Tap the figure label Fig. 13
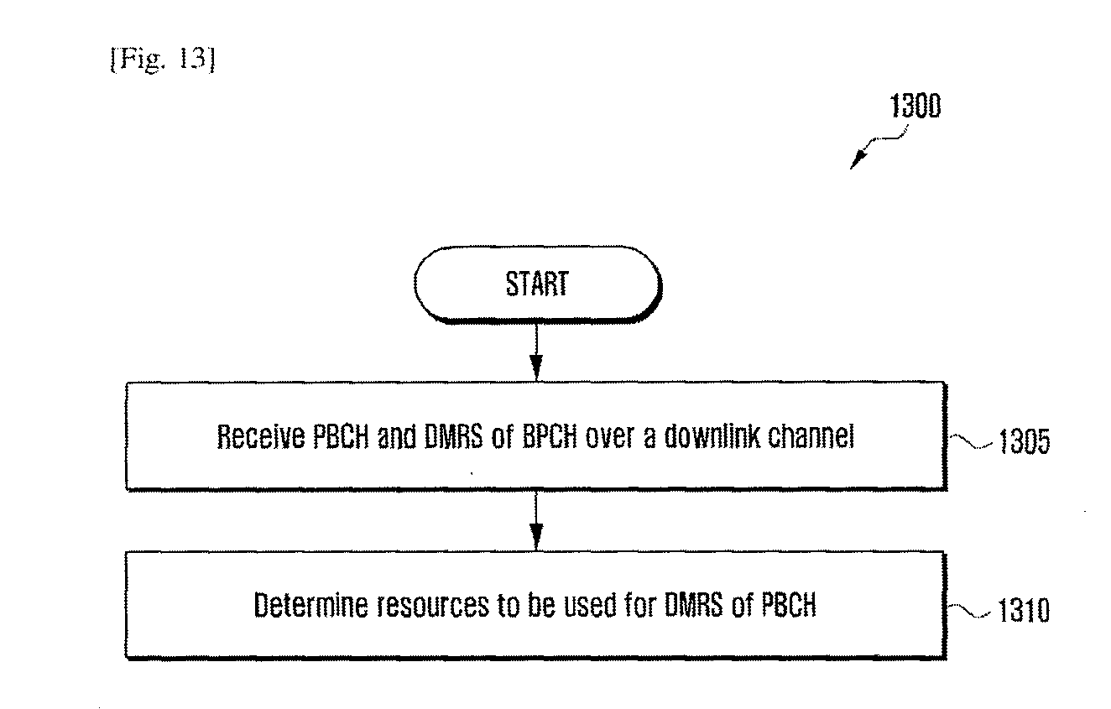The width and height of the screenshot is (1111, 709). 163,60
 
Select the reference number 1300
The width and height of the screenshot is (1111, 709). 915,106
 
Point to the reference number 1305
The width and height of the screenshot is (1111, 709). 1024,441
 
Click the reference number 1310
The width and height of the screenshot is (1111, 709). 1023,610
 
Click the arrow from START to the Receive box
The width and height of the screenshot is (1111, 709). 536,352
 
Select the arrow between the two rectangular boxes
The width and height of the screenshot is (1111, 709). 536,520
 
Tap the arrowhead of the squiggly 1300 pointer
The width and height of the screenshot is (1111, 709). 858,160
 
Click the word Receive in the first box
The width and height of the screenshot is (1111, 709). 261,437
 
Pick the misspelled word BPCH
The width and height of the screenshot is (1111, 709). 550,437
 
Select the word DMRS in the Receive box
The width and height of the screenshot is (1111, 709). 453,437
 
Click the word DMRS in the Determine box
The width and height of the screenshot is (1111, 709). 693,605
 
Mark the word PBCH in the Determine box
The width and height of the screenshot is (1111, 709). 789,605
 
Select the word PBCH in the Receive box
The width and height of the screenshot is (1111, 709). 341,437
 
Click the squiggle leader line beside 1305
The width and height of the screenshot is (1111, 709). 971,442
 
